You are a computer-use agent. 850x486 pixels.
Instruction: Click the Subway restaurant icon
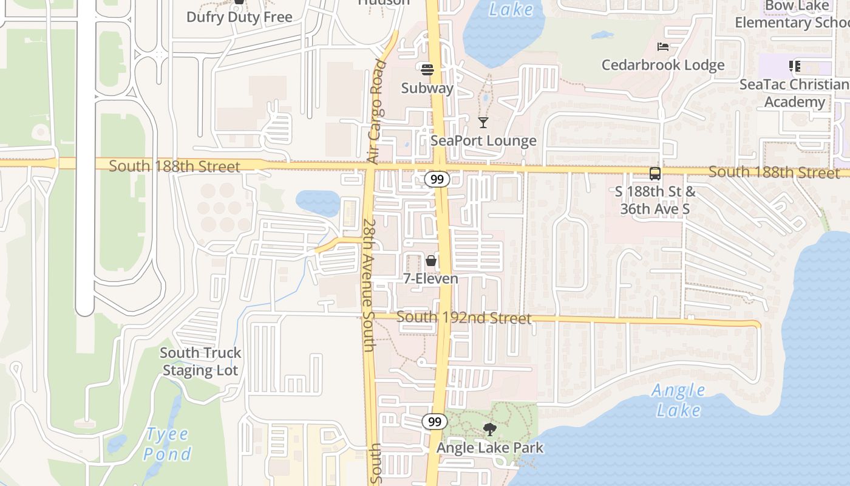(x=427, y=69)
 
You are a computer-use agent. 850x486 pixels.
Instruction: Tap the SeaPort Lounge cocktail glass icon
(x=483, y=123)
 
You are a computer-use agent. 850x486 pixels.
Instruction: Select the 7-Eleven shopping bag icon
(x=431, y=261)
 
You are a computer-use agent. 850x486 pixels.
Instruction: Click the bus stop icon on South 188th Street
(x=655, y=174)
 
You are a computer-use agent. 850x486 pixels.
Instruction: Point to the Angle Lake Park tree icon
(x=489, y=430)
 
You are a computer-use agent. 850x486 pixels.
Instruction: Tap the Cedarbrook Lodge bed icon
(x=663, y=47)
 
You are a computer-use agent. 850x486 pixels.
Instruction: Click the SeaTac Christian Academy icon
(x=795, y=66)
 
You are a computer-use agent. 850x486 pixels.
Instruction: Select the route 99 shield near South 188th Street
(x=437, y=179)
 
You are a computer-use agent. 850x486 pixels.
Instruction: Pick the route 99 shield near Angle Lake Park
(x=435, y=422)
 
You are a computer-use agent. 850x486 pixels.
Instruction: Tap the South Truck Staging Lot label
(x=200, y=361)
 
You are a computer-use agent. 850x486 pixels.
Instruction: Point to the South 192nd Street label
(x=464, y=318)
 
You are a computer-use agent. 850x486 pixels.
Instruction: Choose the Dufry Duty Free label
(x=239, y=17)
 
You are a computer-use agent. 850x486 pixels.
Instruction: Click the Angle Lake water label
(x=679, y=400)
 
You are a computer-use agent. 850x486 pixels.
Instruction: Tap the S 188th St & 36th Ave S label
(x=655, y=200)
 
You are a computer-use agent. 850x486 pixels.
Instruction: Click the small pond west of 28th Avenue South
(x=318, y=202)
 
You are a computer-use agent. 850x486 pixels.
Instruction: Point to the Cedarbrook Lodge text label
(x=663, y=65)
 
